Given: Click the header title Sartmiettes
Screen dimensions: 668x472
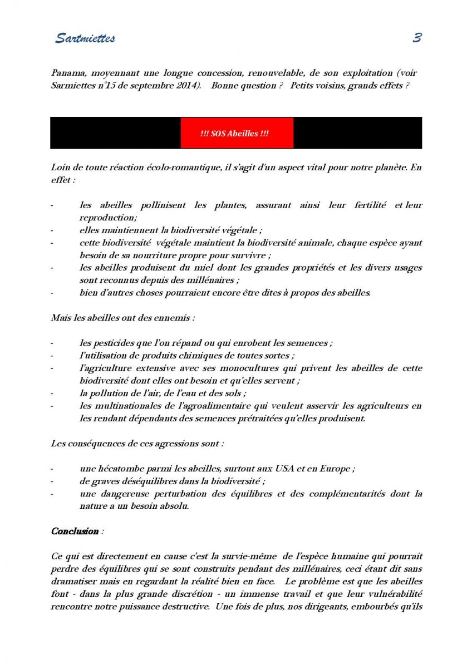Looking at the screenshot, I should coord(85,38).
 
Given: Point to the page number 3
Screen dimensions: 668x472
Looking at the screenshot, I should coord(417,38).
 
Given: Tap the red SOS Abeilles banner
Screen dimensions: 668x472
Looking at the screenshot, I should coord(237,134).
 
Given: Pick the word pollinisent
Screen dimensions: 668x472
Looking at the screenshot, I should coord(161,205).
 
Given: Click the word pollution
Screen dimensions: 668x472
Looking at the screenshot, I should coord(109,393).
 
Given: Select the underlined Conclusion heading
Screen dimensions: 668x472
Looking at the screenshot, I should coord(75,531).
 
